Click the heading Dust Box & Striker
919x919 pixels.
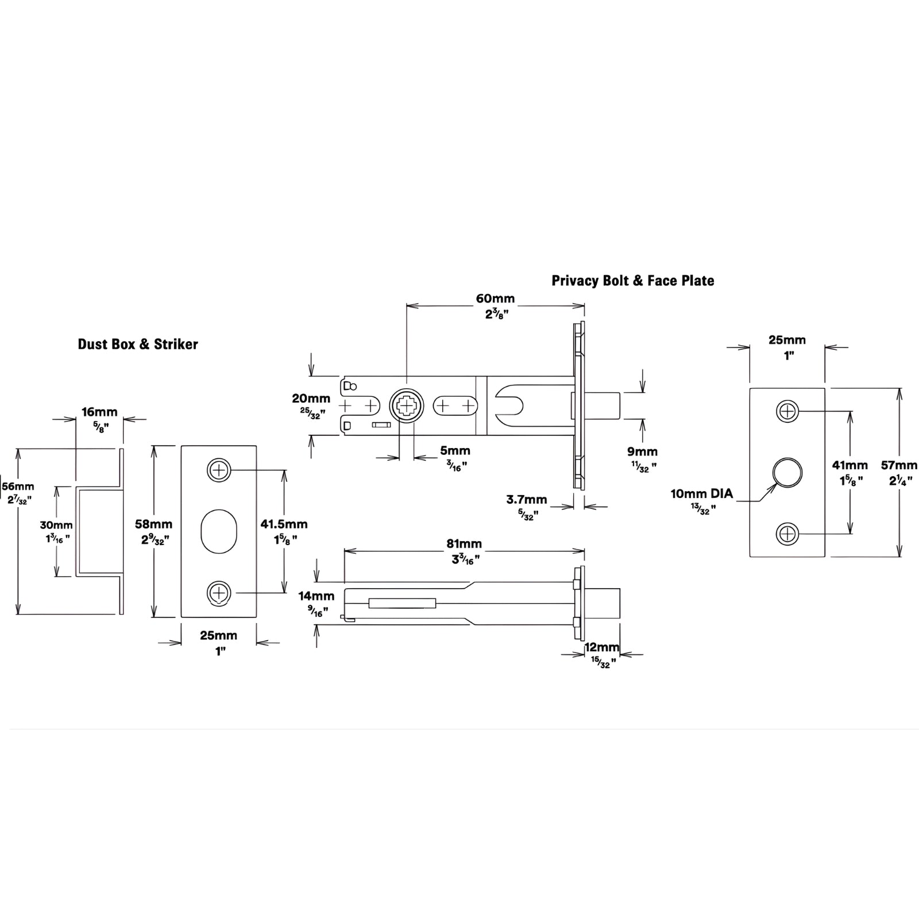click(x=138, y=344)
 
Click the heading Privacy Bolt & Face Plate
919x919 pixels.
click(x=633, y=280)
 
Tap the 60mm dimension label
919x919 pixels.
click(x=495, y=299)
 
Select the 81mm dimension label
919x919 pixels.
click(x=464, y=543)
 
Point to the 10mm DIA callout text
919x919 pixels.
click(x=702, y=494)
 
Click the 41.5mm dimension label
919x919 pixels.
click(x=284, y=524)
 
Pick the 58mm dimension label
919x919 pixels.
click(x=153, y=524)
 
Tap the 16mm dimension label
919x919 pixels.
click(x=99, y=412)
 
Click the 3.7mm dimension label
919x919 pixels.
click(x=527, y=500)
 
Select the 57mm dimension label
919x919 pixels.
click(x=899, y=465)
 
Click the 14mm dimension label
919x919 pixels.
click(x=316, y=597)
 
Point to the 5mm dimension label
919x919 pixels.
click(x=455, y=451)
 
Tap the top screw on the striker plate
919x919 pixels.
click(x=219, y=471)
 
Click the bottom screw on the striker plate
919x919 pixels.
click(x=219, y=593)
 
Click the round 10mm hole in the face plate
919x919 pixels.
click(x=787, y=473)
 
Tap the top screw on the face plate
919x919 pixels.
click(x=787, y=411)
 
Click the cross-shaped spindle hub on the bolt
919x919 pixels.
click(x=407, y=407)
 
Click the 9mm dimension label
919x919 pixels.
click(x=643, y=451)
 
